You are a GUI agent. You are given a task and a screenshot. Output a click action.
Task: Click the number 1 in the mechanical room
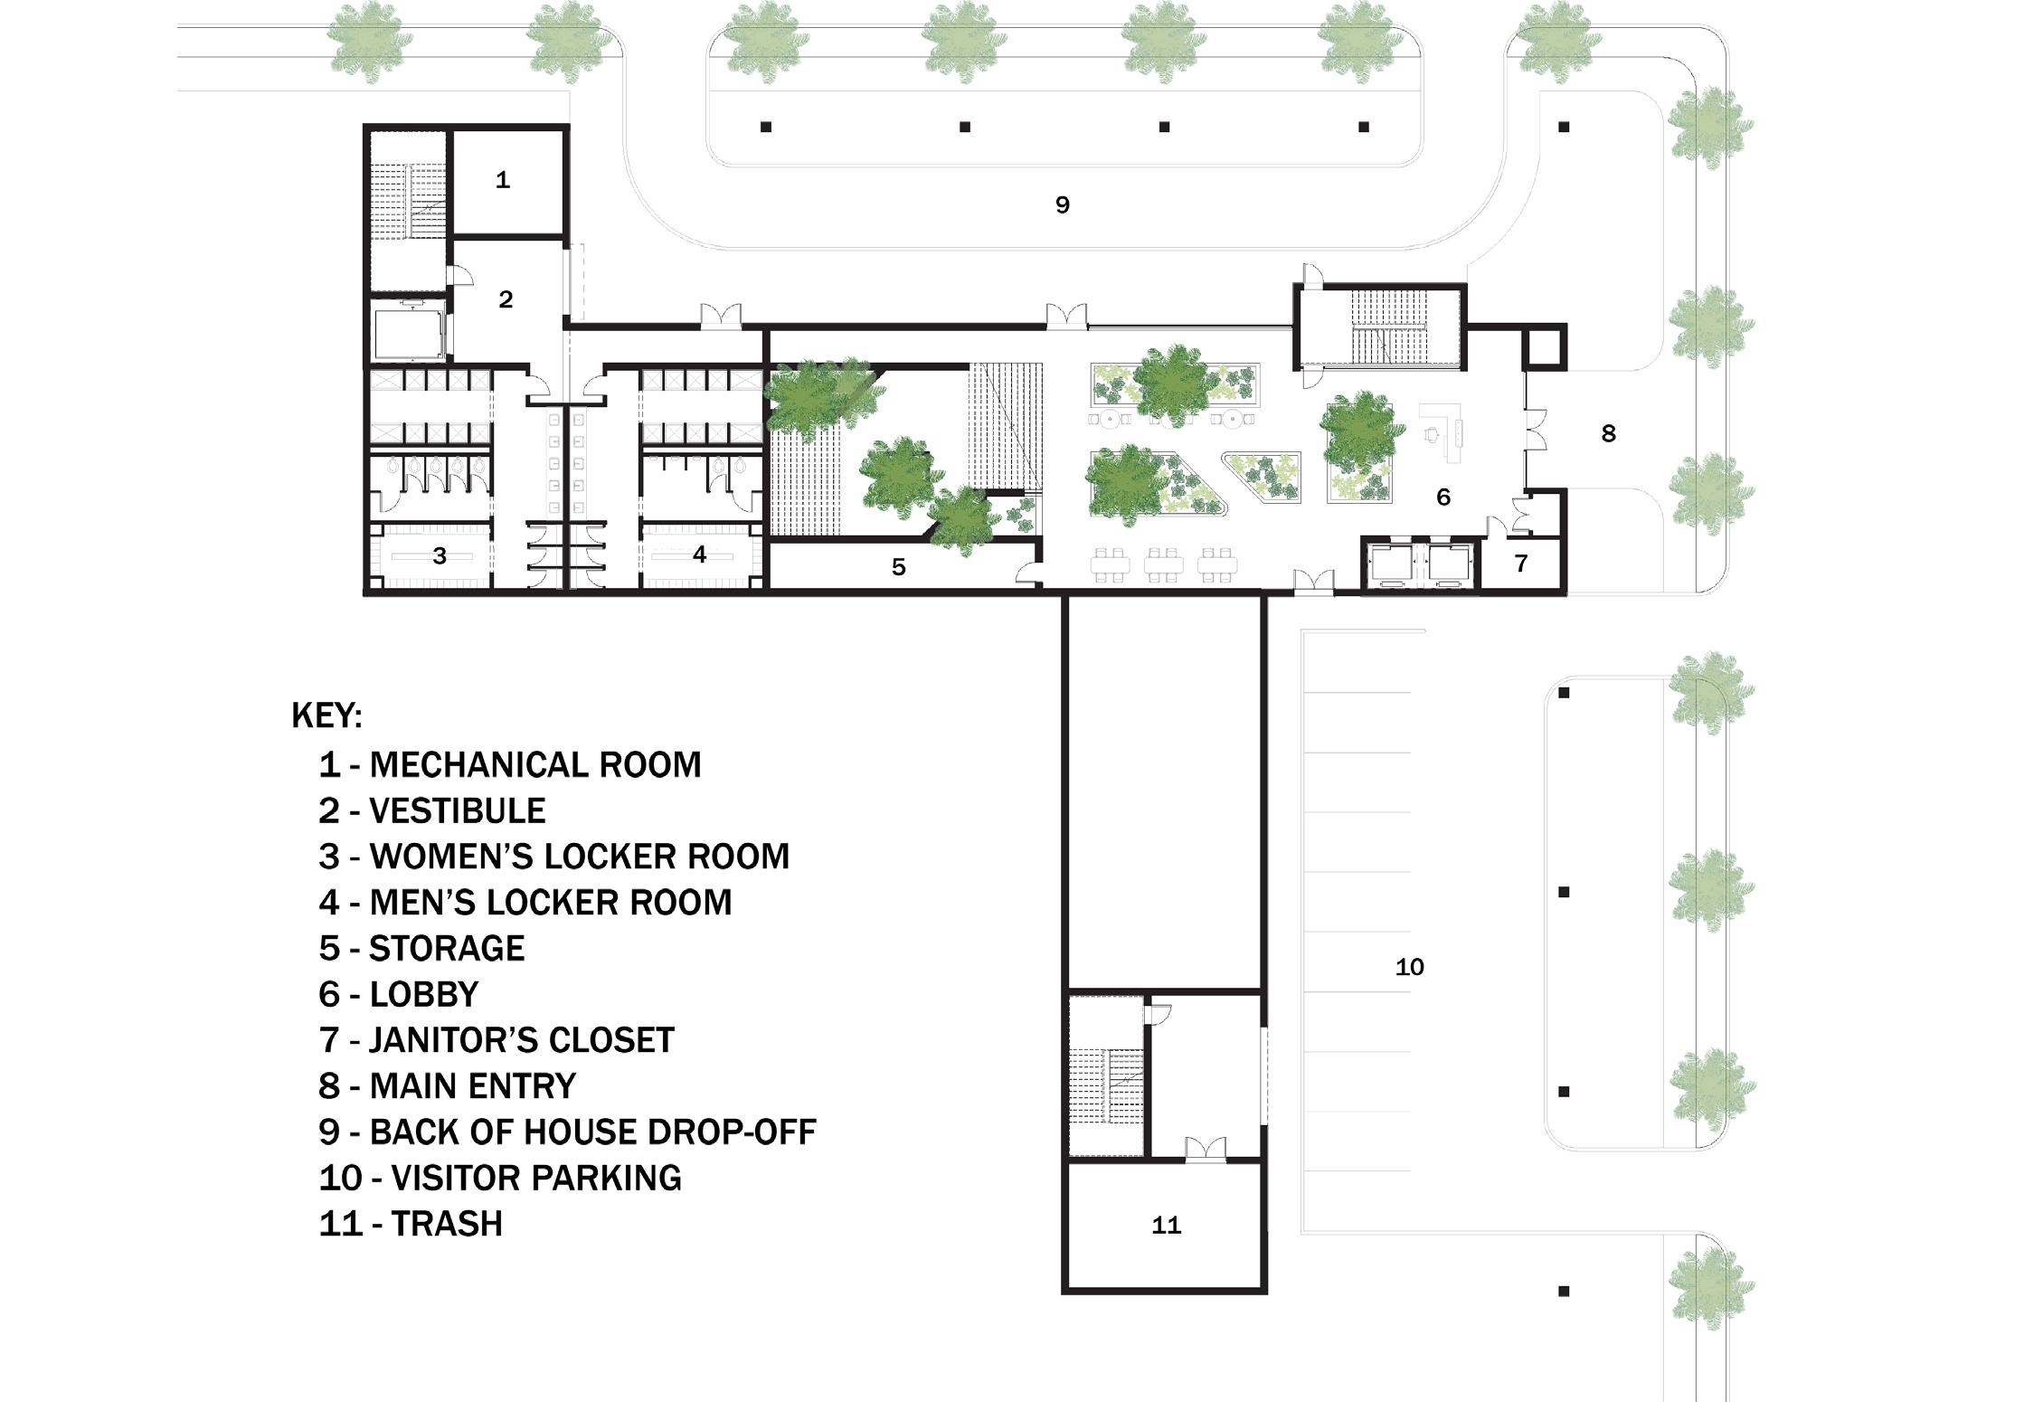point(503,180)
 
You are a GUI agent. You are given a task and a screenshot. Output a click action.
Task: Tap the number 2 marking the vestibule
point(506,299)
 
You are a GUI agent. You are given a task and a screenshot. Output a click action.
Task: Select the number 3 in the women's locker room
point(440,555)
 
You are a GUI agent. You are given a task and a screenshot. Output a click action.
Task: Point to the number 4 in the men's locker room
point(699,554)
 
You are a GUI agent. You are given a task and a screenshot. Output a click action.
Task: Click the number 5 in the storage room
point(898,567)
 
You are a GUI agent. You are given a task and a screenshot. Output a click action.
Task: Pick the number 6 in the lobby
point(1443,497)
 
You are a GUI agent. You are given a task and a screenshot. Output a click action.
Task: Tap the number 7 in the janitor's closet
point(1521,564)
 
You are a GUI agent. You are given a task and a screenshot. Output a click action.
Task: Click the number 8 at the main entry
point(1608,433)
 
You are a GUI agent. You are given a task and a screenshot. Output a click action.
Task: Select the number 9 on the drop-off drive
point(1063,205)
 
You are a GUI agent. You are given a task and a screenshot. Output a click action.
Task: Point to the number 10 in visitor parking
point(1409,968)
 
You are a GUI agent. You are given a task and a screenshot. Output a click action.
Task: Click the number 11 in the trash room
point(1166,1226)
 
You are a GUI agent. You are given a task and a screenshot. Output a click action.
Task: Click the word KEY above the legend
point(326,715)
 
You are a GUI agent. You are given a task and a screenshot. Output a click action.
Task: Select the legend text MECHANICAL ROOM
point(534,765)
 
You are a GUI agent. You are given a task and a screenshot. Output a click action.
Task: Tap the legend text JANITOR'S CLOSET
point(522,1040)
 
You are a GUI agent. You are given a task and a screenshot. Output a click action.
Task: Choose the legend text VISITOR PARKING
point(536,1178)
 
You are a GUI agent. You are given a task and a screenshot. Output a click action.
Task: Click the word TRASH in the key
point(447,1224)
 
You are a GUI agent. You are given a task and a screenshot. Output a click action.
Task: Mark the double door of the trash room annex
point(1206,1150)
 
